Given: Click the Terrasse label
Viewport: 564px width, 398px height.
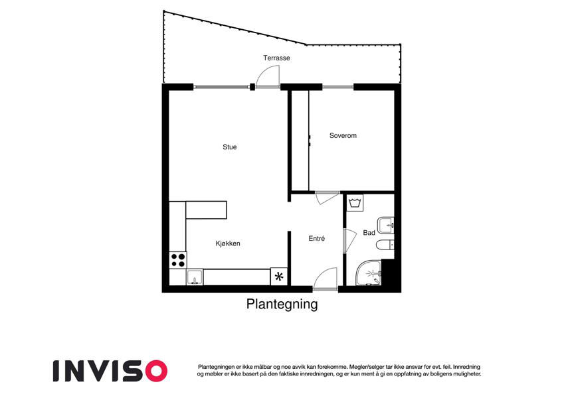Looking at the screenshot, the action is (276, 58).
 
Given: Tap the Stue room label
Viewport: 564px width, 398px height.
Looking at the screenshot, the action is (229, 147).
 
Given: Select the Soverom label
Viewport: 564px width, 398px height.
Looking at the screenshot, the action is (343, 135).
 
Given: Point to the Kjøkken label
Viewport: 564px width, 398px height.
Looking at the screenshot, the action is (228, 243).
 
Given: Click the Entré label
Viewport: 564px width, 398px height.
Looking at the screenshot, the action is (316, 238).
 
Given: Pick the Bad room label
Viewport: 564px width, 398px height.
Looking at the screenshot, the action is (369, 233).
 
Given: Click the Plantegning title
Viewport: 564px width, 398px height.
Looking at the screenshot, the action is (282, 304).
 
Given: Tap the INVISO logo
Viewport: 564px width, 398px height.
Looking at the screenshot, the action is (110, 371).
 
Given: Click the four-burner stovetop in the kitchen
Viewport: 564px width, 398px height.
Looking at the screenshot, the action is (178, 261).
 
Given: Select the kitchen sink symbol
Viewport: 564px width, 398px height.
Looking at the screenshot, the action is (195, 277).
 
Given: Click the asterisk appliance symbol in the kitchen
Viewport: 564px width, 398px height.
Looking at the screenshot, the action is (279, 277).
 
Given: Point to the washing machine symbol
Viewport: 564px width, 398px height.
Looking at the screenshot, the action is (355, 203).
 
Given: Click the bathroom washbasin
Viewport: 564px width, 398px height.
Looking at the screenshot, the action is (385, 226).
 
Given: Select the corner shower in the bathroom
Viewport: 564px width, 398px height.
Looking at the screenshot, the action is (368, 273).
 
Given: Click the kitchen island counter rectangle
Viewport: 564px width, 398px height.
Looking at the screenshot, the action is (206, 210).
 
